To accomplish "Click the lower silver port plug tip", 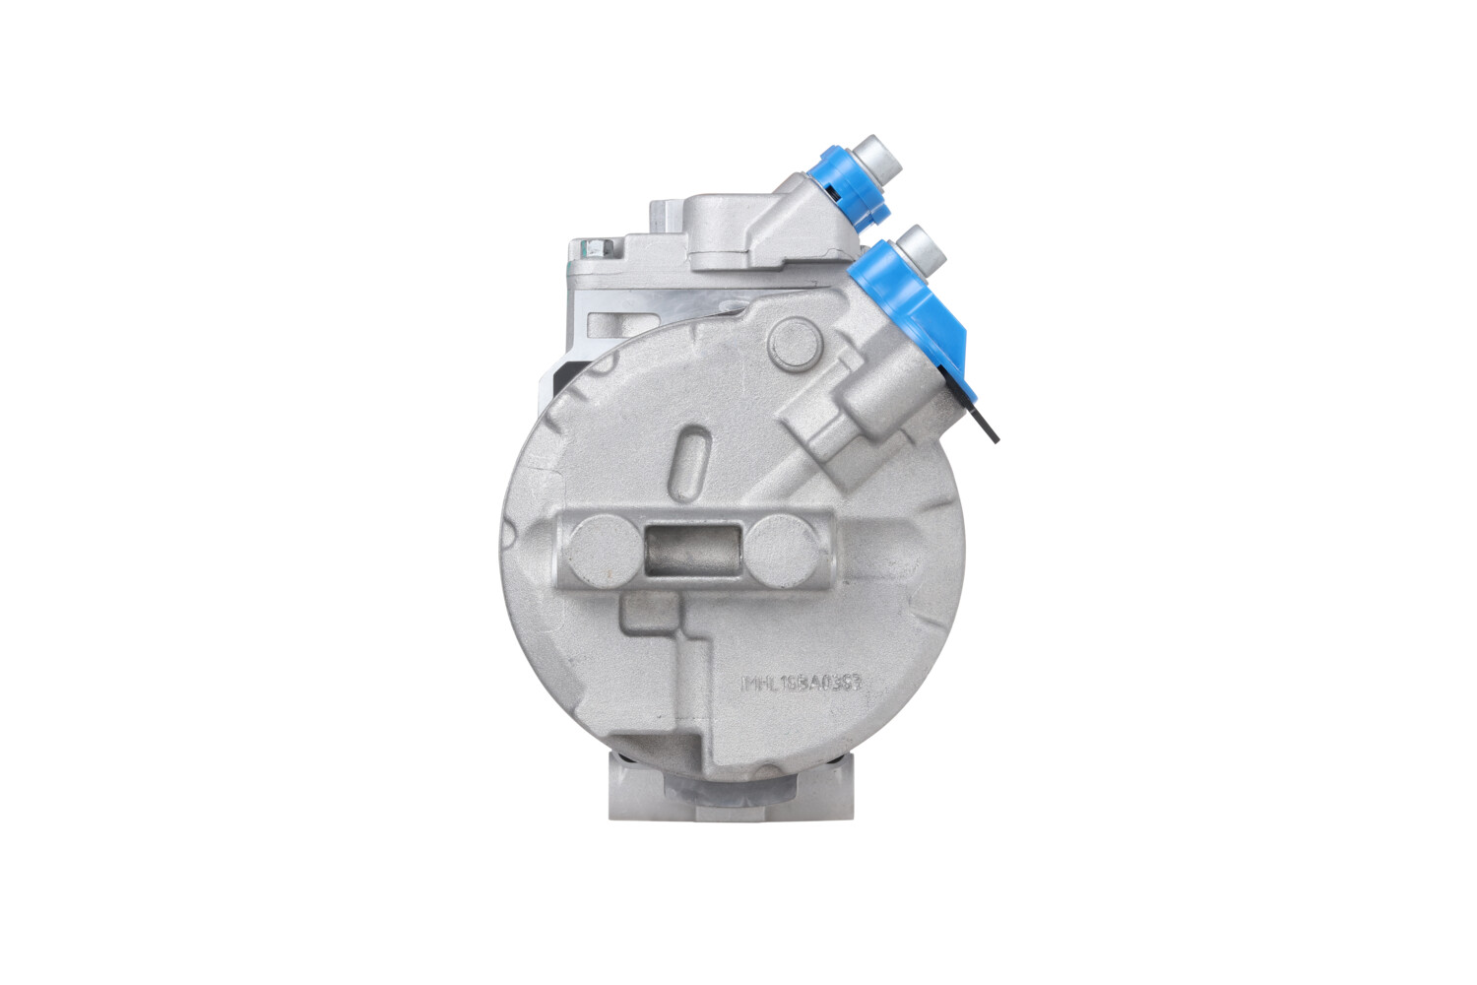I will click(x=923, y=245).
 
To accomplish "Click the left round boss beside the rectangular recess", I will click(x=602, y=547).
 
